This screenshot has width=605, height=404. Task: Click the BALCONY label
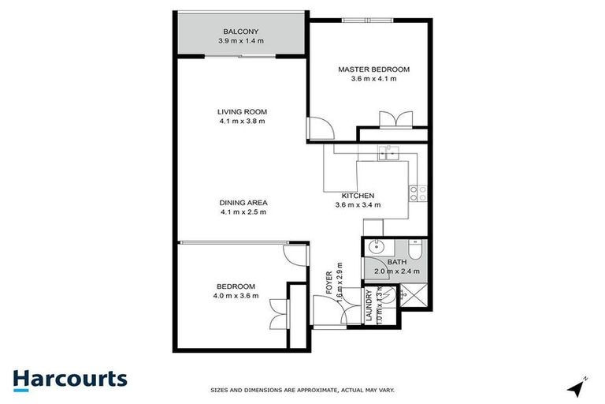[x=241, y=32]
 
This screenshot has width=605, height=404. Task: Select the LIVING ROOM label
[x=242, y=111]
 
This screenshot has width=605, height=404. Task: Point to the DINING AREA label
[x=243, y=202]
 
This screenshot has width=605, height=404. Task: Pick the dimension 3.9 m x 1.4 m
[x=241, y=42]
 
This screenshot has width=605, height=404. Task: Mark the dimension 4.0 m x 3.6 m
[x=236, y=296]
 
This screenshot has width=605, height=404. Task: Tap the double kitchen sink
[x=389, y=153]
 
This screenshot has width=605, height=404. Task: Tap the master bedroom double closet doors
[x=394, y=120]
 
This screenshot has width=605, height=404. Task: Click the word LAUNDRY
[x=368, y=308]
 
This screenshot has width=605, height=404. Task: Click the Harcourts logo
[x=70, y=379]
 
